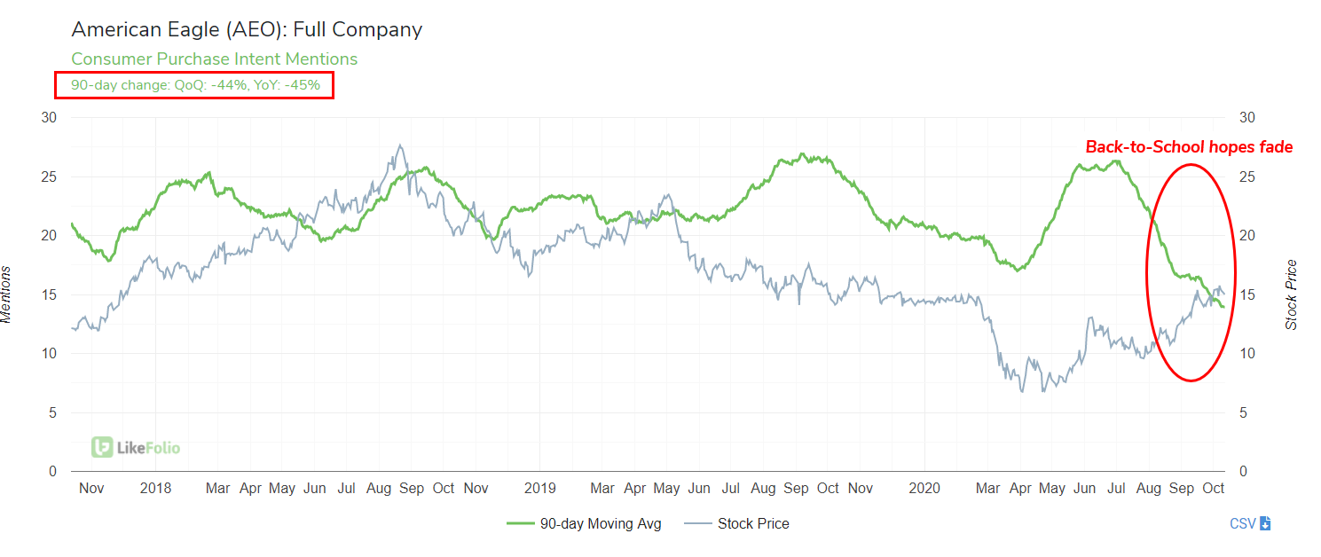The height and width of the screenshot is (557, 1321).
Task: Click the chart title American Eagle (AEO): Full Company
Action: pos(247,29)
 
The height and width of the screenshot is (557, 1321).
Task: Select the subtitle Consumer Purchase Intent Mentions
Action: pos(214,59)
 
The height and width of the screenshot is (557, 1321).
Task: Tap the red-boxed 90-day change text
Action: pos(195,85)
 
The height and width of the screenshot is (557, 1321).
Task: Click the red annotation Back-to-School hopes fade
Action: pos(1189,147)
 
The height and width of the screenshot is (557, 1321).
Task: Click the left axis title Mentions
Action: pos(7,294)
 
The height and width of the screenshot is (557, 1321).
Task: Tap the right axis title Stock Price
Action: pos(1291,294)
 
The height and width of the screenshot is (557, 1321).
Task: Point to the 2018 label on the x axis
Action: pos(155,488)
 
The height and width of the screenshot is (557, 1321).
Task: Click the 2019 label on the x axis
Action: pos(539,488)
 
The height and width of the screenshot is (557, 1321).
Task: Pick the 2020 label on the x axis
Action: pos(924,488)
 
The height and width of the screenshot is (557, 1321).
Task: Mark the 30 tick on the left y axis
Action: pos(50,118)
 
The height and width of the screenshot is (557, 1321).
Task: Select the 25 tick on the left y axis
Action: pos(50,177)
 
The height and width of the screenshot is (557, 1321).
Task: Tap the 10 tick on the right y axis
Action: pos(1247,353)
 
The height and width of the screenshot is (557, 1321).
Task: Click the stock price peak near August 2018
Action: pos(401,145)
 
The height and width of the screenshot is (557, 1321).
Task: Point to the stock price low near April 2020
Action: pos(1022,391)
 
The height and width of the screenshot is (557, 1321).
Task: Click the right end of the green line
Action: pos(1224,307)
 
